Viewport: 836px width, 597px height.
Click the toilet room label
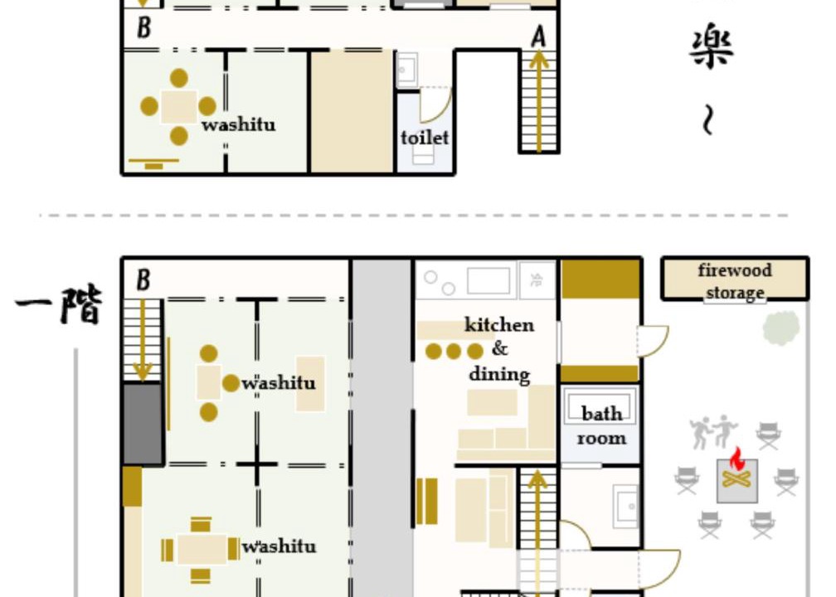point(425,138)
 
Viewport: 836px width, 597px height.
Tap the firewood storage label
point(735,281)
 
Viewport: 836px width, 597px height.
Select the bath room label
point(600,425)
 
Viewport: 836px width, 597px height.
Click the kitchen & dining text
point(499,349)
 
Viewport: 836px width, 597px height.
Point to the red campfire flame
point(736,459)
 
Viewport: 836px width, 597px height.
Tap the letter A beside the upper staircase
point(539,37)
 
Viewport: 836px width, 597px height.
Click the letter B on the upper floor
point(143,27)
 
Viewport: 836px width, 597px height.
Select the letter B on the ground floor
point(143,280)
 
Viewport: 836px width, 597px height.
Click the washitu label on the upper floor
point(238,124)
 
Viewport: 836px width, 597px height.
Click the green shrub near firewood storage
point(780,328)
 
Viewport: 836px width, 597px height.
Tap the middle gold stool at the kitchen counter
point(454,352)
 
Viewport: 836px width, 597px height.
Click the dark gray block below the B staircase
point(143,424)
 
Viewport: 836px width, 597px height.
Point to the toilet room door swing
point(436,105)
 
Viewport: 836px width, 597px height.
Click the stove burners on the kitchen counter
point(440,283)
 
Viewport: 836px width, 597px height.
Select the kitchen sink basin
point(488,281)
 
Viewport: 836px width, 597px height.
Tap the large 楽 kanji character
point(712,47)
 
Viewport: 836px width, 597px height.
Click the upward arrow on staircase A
point(539,101)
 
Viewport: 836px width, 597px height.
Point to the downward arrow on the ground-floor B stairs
point(143,341)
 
